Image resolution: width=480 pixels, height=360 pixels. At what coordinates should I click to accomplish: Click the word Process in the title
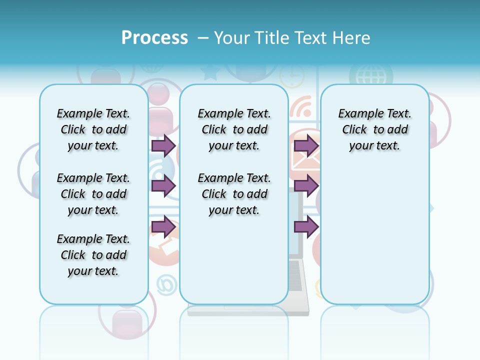tap(154, 37)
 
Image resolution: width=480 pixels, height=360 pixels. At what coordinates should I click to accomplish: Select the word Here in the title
tap(351, 38)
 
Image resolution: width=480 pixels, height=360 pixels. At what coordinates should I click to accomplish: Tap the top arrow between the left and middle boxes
tap(163, 145)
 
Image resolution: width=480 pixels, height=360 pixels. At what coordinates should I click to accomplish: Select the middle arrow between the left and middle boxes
tap(163, 186)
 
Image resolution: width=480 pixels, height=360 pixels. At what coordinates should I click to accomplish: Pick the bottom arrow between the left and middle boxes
tap(163, 227)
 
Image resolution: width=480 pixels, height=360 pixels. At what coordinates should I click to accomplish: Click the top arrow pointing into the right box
tap(306, 145)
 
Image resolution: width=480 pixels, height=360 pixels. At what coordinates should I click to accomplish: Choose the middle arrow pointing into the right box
tap(306, 186)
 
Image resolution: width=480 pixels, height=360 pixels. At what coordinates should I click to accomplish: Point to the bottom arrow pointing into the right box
tap(306, 227)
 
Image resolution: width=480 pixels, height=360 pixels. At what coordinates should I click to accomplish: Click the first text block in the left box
tap(93, 129)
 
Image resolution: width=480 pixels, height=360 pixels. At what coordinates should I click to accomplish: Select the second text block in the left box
tap(93, 194)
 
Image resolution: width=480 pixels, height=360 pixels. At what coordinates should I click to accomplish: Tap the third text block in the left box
tap(93, 255)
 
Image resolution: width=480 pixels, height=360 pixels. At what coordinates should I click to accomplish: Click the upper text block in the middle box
tap(234, 129)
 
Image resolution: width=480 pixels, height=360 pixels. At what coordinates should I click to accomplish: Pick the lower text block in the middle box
tap(234, 194)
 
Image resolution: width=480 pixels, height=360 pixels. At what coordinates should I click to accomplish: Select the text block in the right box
tap(375, 129)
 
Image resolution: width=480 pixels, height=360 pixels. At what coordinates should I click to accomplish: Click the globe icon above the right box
tap(370, 76)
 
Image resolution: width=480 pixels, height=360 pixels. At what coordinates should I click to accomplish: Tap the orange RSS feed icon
tap(301, 108)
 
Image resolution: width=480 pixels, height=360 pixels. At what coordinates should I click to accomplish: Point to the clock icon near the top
tap(291, 76)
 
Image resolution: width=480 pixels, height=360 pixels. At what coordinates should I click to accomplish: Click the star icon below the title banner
tap(210, 73)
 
